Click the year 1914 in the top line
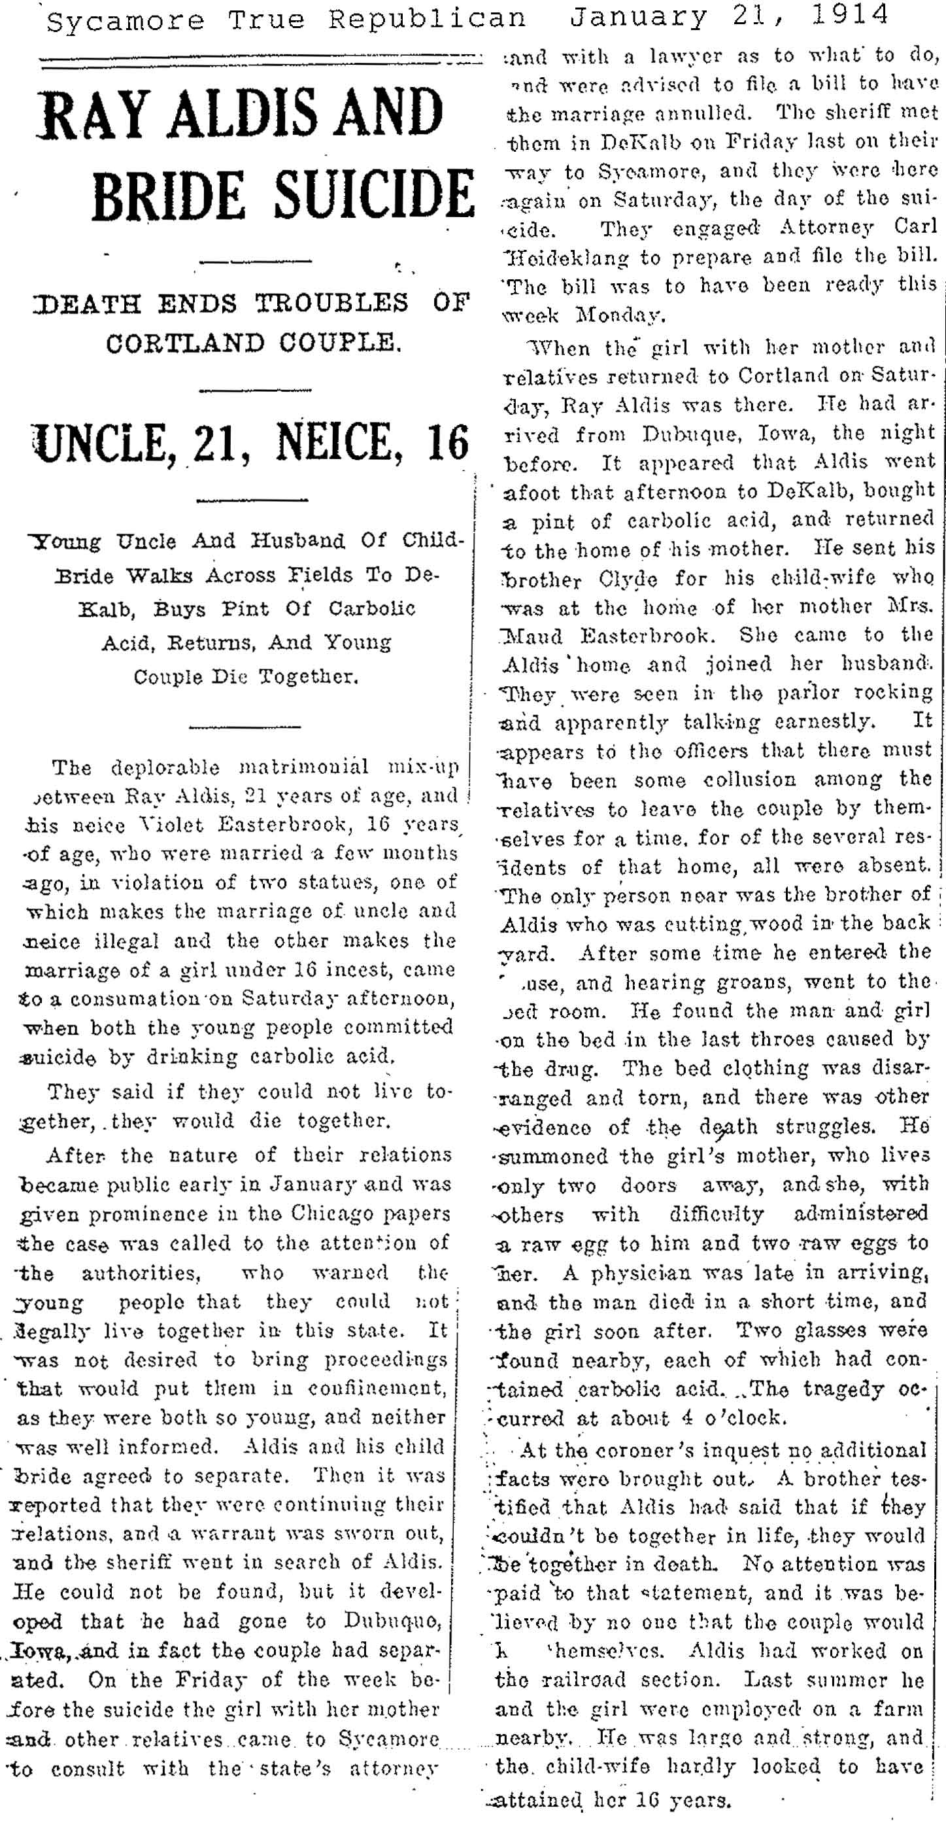850,16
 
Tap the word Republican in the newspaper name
427,19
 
